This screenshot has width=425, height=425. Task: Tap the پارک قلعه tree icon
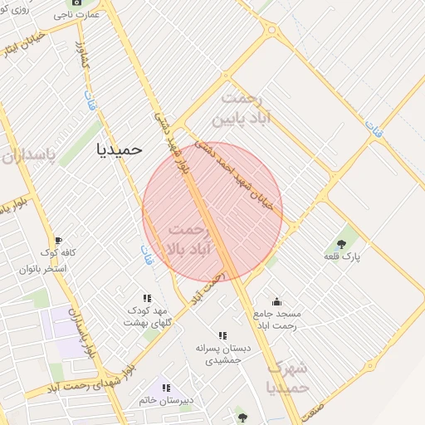click(342, 243)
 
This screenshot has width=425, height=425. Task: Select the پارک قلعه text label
click(342, 258)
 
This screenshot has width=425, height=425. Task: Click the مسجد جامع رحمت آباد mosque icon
click(276, 301)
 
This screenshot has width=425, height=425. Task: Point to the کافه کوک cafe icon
click(57, 241)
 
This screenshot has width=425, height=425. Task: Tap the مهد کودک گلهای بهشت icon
click(147, 298)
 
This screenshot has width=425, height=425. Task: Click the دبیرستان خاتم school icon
click(166, 387)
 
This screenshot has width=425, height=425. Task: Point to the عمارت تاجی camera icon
click(77, 3)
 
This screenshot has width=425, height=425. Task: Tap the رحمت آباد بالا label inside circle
click(190, 238)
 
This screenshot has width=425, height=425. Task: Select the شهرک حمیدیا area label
click(287, 376)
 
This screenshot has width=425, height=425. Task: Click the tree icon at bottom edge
click(242, 418)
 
